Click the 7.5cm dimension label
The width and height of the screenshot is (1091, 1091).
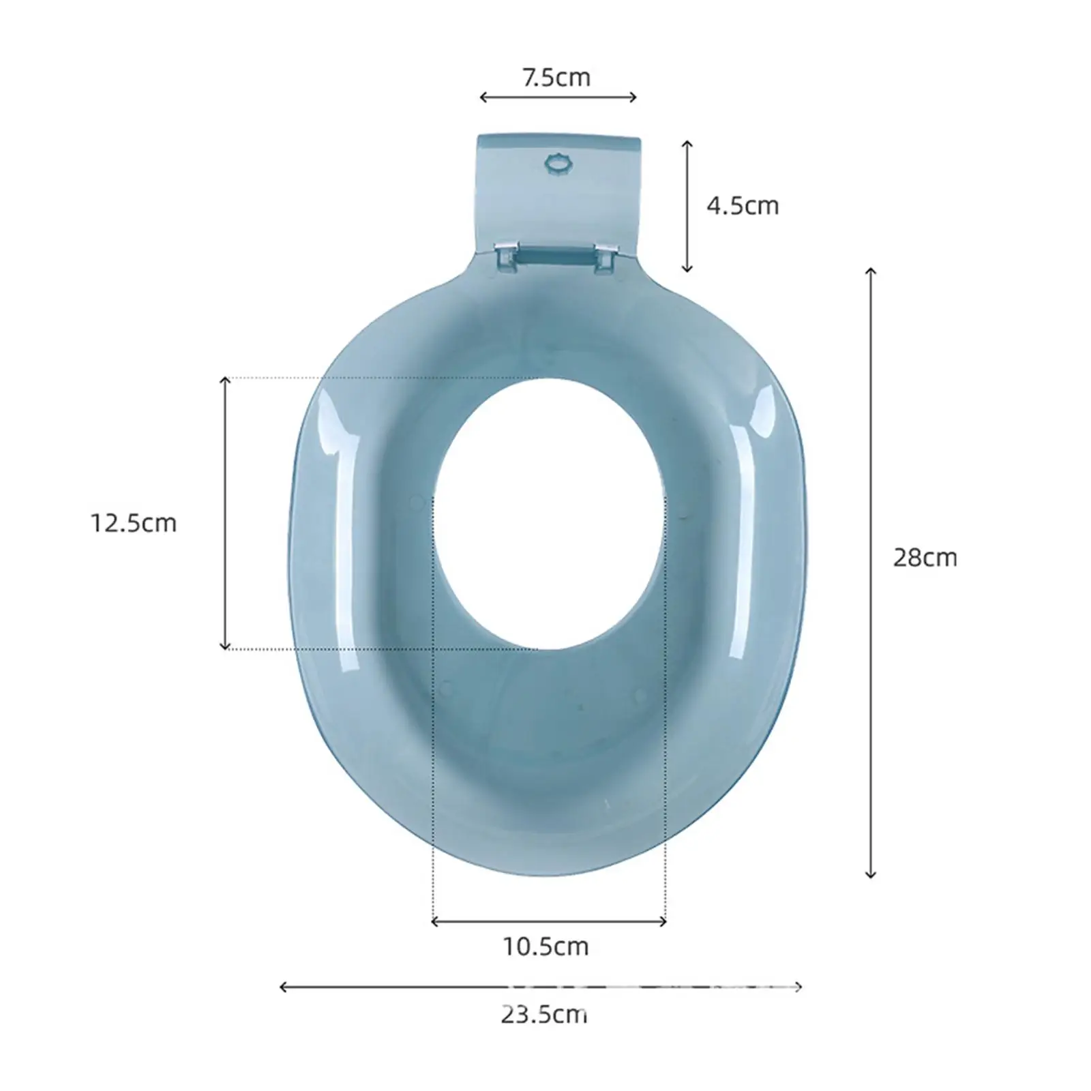coord(556,78)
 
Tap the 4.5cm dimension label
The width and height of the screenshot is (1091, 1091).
coord(743,205)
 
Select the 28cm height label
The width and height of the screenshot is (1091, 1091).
coord(925,558)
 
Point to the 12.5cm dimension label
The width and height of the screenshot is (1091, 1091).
coord(134,523)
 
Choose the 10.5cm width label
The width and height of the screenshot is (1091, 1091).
coord(545,946)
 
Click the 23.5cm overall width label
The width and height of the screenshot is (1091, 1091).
coord(544,1015)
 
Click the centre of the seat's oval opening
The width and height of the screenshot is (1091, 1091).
coord(550,513)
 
